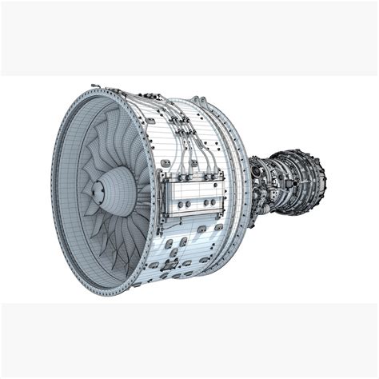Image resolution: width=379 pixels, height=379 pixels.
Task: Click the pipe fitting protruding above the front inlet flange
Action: click(x=94, y=83)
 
